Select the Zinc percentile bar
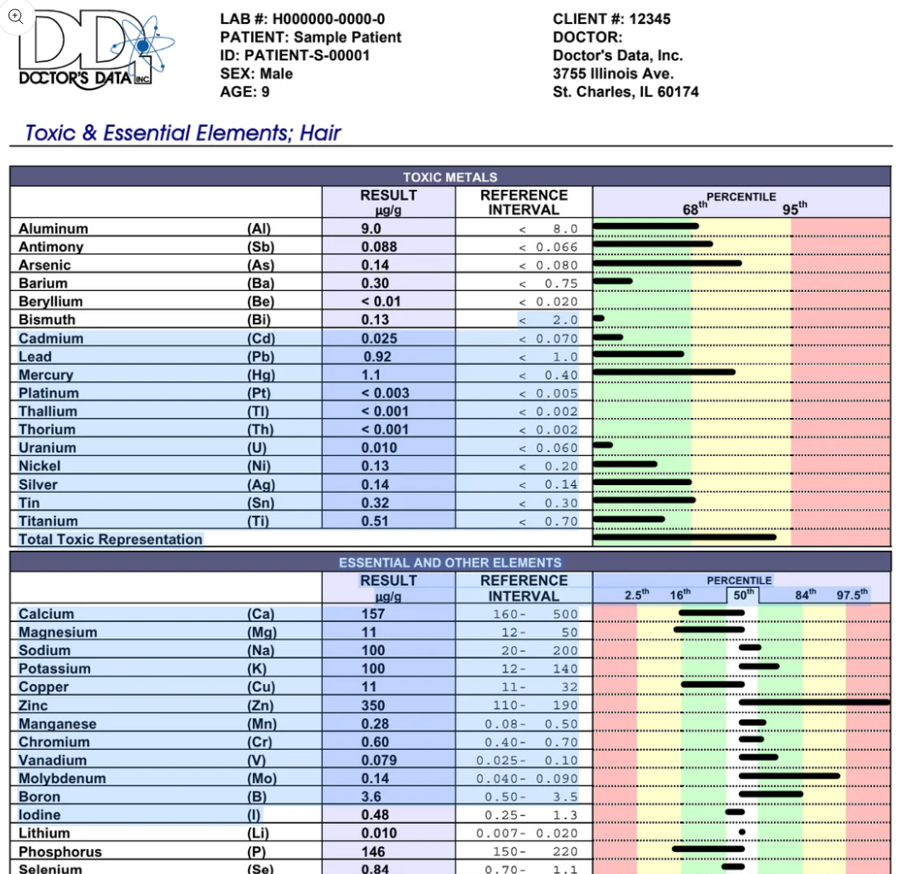point(813,702)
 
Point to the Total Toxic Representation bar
point(685,537)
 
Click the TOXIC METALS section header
point(450,177)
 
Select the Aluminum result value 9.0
point(370,229)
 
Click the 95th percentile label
point(794,209)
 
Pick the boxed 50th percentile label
point(743,595)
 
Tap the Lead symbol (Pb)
point(261,357)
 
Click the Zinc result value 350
point(373,705)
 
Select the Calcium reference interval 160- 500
point(535,614)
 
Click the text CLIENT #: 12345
point(611,19)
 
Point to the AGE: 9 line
point(245,92)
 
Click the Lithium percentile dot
point(742,831)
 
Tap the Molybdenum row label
point(62,779)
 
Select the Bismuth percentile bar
point(599,318)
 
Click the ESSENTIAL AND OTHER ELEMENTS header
point(450,563)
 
